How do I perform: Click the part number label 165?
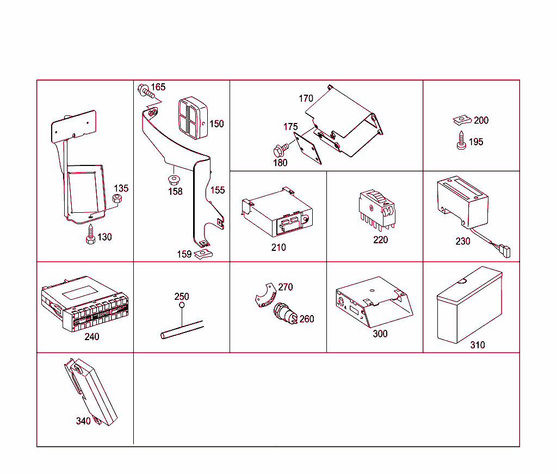tap(158, 87)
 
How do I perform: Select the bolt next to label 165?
tap(145, 90)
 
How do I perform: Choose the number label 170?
tap(306, 99)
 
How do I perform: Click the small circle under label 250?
tap(181, 306)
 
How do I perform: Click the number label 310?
tap(478, 345)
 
